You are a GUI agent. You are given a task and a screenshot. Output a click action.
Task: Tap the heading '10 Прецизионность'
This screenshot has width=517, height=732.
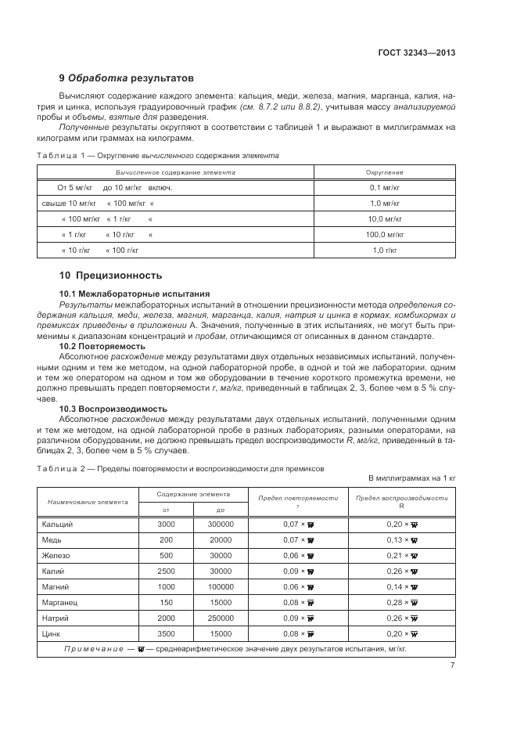click(110, 275)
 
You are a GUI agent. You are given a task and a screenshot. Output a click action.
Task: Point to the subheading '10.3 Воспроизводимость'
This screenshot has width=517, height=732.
click(113, 409)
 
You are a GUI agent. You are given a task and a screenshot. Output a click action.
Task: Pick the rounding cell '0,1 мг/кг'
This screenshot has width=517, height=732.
click(384, 189)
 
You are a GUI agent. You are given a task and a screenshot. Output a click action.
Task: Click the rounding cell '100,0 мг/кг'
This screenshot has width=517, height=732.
click(384, 234)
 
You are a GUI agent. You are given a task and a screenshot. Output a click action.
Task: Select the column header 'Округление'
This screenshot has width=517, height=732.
click(384, 171)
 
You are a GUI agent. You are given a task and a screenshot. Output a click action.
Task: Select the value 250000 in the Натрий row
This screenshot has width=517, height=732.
click(221, 618)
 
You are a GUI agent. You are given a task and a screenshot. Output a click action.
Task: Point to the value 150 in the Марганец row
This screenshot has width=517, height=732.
click(166, 604)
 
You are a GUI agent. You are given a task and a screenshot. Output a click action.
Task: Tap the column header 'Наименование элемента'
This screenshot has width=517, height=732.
click(88, 502)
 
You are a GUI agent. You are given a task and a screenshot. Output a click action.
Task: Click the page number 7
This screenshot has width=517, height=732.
click(453, 665)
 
